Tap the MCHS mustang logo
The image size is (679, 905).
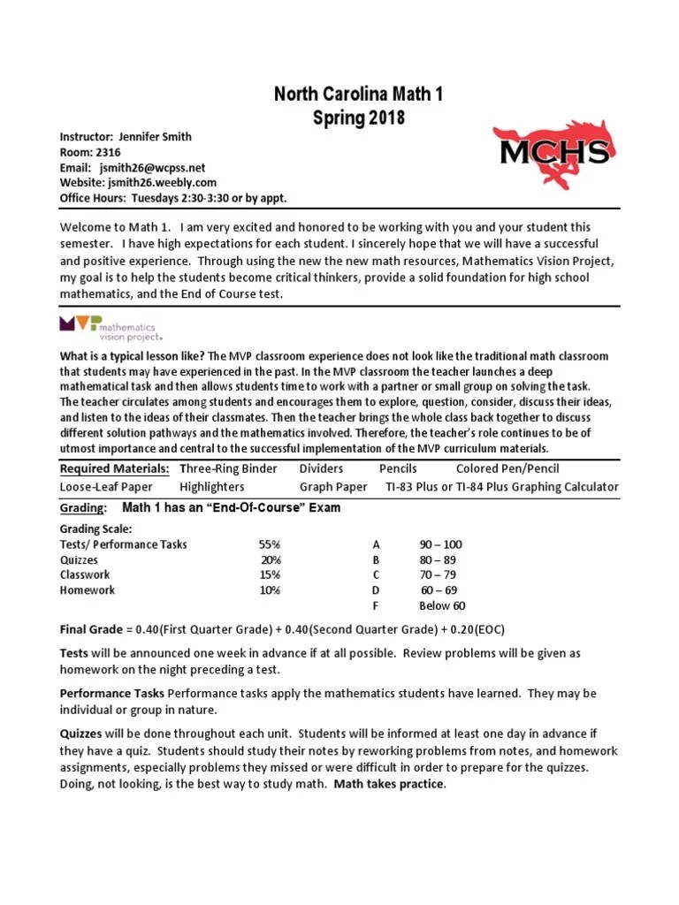(x=553, y=154)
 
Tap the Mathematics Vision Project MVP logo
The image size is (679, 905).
(x=111, y=328)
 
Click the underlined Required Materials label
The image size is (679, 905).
(x=114, y=468)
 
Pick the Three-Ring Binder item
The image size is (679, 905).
(x=228, y=468)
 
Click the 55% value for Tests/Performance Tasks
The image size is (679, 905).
(x=270, y=544)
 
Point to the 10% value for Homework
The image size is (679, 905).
(x=270, y=590)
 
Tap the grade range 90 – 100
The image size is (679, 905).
(x=440, y=544)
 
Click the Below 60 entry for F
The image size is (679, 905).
(x=442, y=605)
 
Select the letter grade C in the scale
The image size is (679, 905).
(x=376, y=575)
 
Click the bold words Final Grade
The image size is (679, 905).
(x=91, y=629)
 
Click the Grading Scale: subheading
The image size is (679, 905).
(x=97, y=529)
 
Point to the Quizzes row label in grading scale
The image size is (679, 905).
(x=79, y=560)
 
